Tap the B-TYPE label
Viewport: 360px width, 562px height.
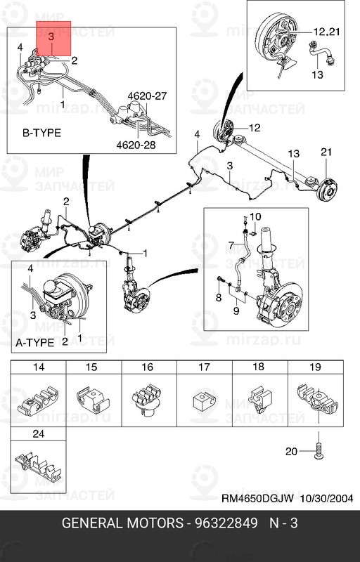(x=41, y=133)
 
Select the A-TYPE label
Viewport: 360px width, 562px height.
(x=34, y=343)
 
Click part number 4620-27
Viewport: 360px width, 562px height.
(x=148, y=96)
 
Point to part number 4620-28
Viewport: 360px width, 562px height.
(x=136, y=145)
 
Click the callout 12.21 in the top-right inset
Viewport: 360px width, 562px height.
(x=326, y=32)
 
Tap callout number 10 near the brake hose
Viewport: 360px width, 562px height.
(x=255, y=216)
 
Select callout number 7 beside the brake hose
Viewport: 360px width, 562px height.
(x=232, y=246)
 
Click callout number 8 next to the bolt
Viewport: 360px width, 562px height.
(x=219, y=297)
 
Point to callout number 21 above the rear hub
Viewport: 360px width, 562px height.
(x=326, y=152)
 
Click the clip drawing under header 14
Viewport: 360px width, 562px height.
(x=37, y=401)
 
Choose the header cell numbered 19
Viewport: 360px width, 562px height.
(x=315, y=367)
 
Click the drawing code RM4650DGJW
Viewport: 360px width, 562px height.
(x=257, y=498)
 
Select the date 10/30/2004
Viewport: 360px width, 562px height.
(x=326, y=498)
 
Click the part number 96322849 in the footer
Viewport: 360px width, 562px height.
(x=226, y=523)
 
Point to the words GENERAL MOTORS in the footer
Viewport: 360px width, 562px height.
(x=122, y=523)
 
